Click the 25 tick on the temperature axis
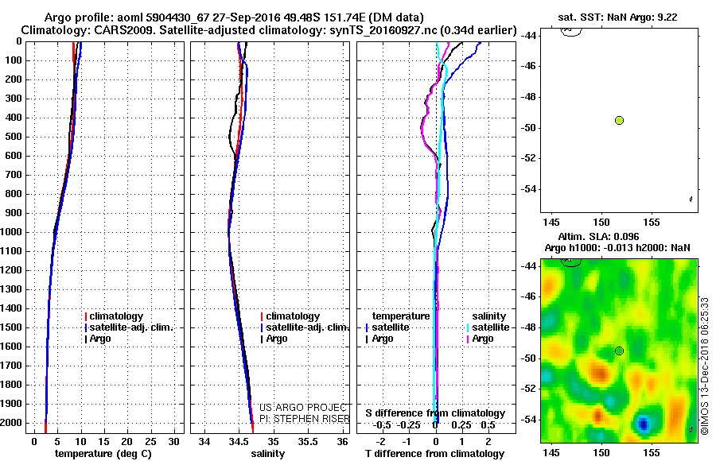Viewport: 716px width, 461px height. click(150, 441)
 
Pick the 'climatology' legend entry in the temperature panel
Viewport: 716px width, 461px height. click(116, 316)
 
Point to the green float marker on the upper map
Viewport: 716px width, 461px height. click(619, 120)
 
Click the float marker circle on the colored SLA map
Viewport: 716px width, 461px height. click(619, 351)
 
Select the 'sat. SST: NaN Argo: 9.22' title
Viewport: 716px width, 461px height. click(617, 16)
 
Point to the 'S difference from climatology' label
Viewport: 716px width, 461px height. click(435, 413)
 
